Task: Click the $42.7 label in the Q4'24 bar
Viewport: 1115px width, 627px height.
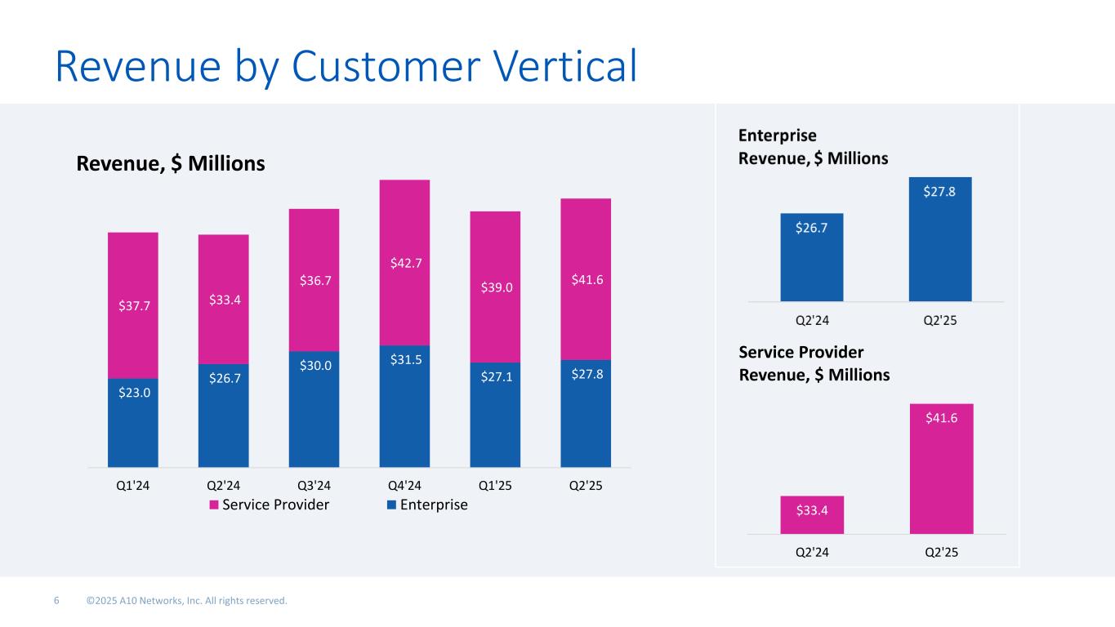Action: coord(404,264)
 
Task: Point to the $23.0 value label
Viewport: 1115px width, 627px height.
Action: coord(133,392)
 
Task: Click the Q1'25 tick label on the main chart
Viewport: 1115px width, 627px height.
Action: coord(495,485)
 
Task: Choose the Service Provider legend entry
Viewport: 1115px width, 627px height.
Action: coord(270,505)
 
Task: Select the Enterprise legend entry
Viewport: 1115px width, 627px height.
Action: coord(427,505)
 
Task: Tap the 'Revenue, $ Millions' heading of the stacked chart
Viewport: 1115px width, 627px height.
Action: coord(171,164)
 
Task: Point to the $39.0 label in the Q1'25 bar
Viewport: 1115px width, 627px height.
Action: coord(495,287)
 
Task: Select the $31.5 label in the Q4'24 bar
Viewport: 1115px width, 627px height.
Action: coord(404,358)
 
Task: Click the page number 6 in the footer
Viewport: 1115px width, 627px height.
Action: coord(56,601)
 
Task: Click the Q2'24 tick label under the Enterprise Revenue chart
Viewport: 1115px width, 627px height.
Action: coord(812,320)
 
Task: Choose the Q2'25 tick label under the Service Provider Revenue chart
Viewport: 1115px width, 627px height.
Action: coord(941,552)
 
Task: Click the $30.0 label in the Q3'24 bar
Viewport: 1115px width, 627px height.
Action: coord(314,365)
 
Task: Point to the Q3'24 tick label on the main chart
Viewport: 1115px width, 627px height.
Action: coord(314,485)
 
